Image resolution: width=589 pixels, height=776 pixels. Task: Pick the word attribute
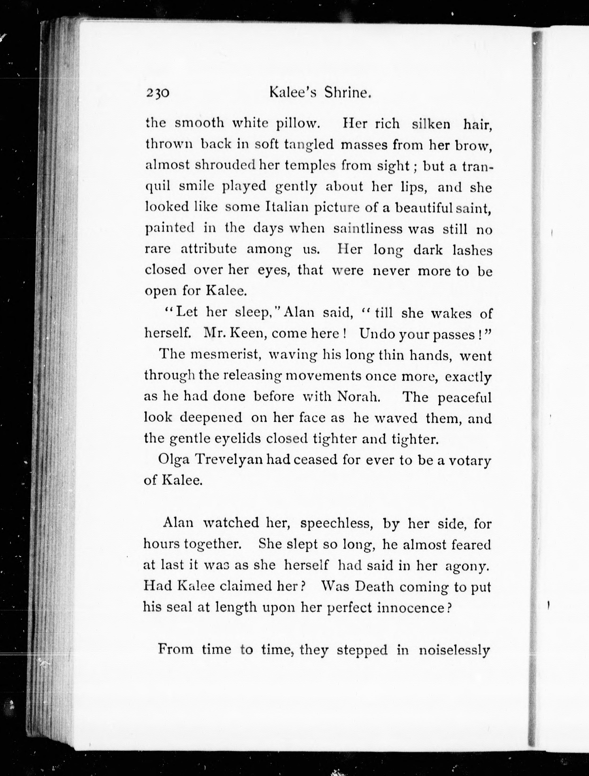pyautogui.click(x=209, y=249)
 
